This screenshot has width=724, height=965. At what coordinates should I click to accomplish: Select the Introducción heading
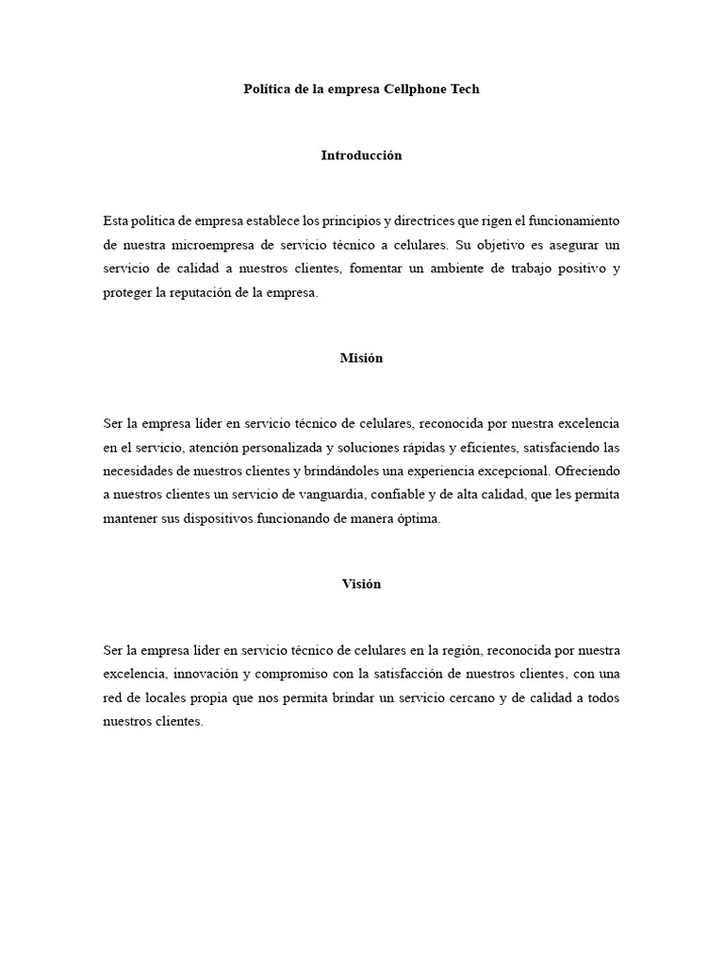(361, 155)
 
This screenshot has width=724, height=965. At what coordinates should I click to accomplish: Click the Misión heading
(361, 358)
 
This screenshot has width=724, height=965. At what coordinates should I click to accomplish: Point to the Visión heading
(361, 584)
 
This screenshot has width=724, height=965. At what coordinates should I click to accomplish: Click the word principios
(342, 221)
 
